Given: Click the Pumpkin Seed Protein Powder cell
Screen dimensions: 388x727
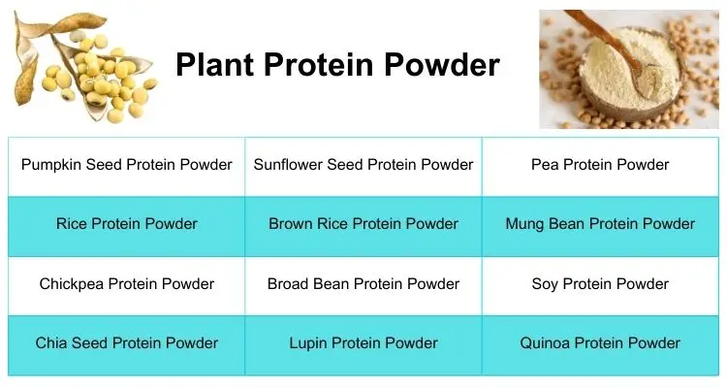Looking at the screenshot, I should (126, 165).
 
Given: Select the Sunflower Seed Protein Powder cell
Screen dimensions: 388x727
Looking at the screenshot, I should (363, 165).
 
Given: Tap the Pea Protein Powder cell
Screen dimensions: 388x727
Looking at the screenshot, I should (600, 165).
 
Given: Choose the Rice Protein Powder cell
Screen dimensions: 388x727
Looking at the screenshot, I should (126, 224).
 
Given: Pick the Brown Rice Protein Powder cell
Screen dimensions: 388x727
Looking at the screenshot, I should (363, 224).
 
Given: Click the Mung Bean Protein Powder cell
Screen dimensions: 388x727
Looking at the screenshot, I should (600, 224).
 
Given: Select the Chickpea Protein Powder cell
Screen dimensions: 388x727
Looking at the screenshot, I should (126, 284).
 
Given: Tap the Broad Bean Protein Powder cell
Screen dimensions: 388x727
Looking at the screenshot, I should (363, 284).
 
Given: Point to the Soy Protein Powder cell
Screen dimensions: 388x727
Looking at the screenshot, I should (600, 284).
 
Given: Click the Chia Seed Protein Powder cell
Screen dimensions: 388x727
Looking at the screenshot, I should (126, 343).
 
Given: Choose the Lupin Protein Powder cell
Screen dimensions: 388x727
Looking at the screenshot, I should (363, 343).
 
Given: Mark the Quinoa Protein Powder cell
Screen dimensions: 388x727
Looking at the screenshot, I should (600, 343).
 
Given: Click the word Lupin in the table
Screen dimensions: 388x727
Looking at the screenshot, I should (309, 343).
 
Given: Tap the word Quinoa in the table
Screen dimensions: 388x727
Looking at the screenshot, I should (548, 343).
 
